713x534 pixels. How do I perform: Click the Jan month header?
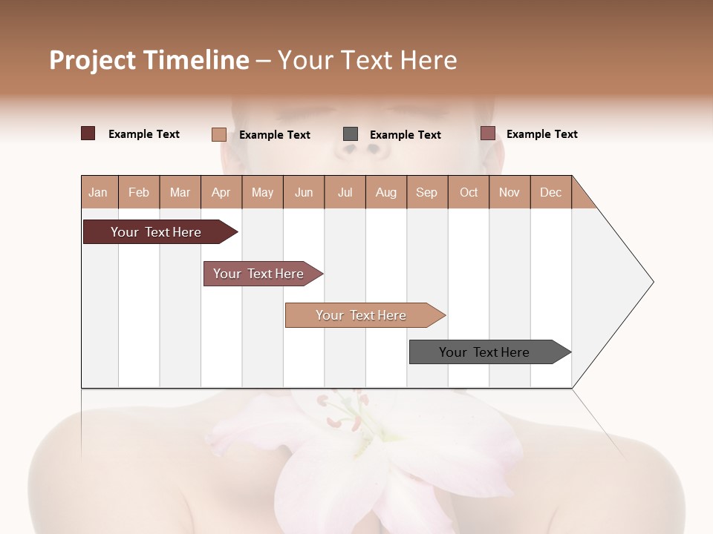[98, 192]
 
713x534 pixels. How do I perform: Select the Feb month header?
[139, 192]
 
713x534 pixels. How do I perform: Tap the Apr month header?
[221, 192]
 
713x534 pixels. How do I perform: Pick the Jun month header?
[304, 192]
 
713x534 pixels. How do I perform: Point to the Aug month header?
[386, 192]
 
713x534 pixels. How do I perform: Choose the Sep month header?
[427, 192]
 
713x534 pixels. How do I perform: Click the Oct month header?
[469, 192]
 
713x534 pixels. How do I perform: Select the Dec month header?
[551, 192]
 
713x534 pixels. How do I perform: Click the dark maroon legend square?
[88, 133]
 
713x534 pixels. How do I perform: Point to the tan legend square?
[219, 134]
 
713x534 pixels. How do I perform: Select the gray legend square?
[351, 133]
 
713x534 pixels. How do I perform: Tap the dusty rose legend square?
[488, 133]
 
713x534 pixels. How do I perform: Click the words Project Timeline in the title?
[149, 60]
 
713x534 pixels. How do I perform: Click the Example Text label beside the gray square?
[406, 135]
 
